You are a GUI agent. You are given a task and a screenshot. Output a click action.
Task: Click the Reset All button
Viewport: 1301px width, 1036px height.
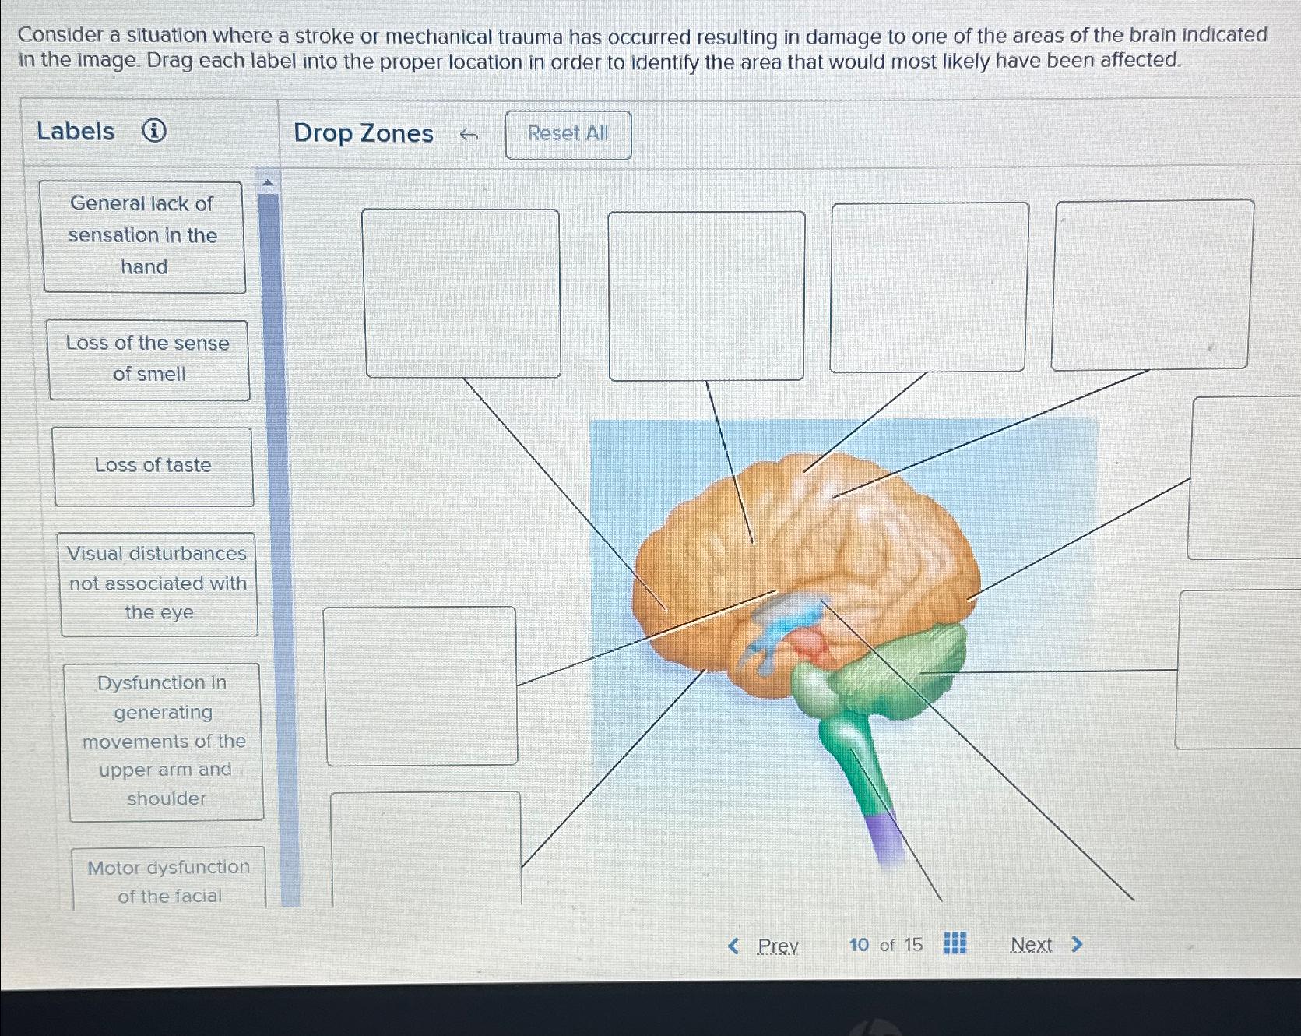pyautogui.click(x=568, y=134)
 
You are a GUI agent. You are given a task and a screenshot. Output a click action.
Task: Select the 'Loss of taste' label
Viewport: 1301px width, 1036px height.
pyautogui.click(x=153, y=466)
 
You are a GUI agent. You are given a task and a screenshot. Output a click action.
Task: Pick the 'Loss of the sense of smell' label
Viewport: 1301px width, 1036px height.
pyautogui.click(x=148, y=359)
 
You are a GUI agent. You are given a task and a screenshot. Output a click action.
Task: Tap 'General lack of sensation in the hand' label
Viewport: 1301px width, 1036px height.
pyautogui.click(x=142, y=235)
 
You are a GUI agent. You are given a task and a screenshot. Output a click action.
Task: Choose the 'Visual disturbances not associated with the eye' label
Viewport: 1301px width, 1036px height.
pyautogui.click(x=158, y=583)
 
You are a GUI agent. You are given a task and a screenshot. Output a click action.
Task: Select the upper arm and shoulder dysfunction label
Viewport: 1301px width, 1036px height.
pyautogui.click(x=164, y=741)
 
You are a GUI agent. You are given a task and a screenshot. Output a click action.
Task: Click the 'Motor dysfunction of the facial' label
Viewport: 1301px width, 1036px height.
pyautogui.click(x=169, y=880)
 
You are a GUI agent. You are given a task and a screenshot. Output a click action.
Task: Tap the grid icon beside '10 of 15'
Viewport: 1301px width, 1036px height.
pyautogui.click(x=955, y=943)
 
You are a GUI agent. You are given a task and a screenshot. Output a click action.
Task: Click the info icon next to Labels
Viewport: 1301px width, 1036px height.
pyautogui.click(x=154, y=131)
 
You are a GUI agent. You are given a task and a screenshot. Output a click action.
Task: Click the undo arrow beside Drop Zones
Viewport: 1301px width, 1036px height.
pyautogui.click(x=468, y=135)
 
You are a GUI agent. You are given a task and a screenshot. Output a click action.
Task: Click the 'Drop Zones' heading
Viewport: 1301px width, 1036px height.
pyautogui.click(x=364, y=133)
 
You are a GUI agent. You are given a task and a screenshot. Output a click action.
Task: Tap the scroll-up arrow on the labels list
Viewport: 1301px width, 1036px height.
pyautogui.click(x=268, y=183)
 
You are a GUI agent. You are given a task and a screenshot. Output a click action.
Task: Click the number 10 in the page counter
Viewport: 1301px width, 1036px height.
pyautogui.click(x=859, y=945)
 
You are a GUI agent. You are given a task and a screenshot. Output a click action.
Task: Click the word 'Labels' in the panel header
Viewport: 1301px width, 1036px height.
pyautogui.click(x=76, y=131)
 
